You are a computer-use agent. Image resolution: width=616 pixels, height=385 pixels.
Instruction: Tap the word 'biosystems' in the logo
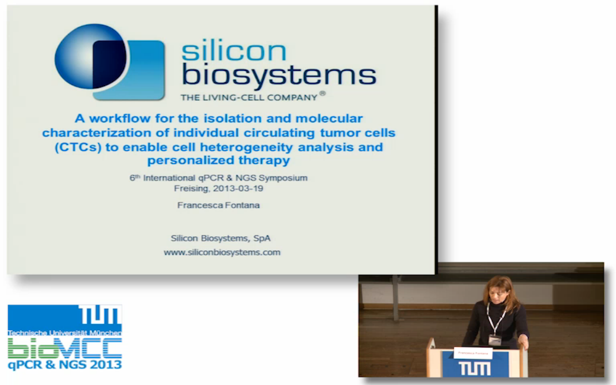pyautogui.click(x=279, y=75)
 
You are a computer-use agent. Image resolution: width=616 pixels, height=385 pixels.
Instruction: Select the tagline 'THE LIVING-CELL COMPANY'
pyautogui.click(x=249, y=97)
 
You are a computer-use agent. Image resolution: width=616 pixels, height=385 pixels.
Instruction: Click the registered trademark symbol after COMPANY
pyautogui.click(x=322, y=93)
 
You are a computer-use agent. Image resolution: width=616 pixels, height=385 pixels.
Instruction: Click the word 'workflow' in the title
pyautogui.click(x=120, y=118)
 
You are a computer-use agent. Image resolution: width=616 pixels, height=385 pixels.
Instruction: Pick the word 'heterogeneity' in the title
pyautogui.click(x=246, y=148)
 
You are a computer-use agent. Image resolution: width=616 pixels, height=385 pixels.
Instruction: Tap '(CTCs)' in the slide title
pyautogui.click(x=78, y=147)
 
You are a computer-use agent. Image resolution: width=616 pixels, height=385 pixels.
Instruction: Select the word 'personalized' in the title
pyautogui.click(x=191, y=160)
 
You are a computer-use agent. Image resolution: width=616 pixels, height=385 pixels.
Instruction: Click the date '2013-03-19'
pyautogui.click(x=238, y=188)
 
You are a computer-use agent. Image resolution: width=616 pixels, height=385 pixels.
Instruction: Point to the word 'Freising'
pyautogui.click(x=192, y=189)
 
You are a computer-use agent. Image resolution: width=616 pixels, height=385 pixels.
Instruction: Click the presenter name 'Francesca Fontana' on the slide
pyautogui.click(x=218, y=205)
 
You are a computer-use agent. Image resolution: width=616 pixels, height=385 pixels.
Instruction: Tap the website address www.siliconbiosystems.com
pyautogui.click(x=222, y=253)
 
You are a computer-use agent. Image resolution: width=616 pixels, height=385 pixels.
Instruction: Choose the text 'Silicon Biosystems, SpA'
pyautogui.click(x=220, y=238)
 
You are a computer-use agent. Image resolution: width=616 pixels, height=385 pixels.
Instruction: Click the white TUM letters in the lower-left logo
pyautogui.click(x=100, y=315)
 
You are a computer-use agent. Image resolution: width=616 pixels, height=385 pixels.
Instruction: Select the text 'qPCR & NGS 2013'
pyautogui.click(x=65, y=365)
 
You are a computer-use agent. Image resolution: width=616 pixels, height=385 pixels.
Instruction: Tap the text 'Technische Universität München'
pyautogui.click(x=64, y=333)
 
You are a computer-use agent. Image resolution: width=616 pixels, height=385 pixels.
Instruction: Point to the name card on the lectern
pyautogui.click(x=473, y=353)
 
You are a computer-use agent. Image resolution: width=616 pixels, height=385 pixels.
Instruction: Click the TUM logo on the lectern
pyautogui.click(x=475, y=369)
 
